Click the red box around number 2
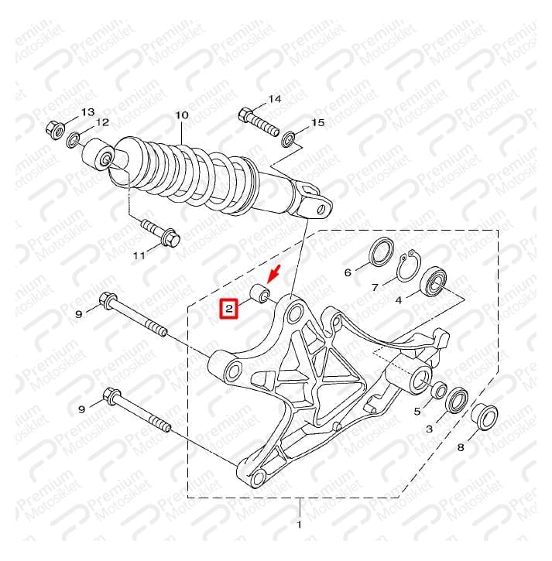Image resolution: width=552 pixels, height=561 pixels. coord(229,308)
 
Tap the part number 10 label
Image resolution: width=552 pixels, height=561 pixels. coord(181,115)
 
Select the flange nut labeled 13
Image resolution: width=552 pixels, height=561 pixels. coord(55,131)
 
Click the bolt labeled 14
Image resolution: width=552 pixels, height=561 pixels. coord(258,121)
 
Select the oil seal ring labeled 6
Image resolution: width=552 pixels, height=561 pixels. coord(381,252)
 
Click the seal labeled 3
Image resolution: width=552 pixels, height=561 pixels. coord(457,400)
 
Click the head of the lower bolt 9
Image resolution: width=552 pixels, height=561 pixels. coord(111,396)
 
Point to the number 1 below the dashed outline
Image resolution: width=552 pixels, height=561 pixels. coord(300,525)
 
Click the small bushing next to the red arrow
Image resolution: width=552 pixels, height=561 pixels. coord(260,293)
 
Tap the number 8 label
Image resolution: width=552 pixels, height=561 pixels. coord(461,447)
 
